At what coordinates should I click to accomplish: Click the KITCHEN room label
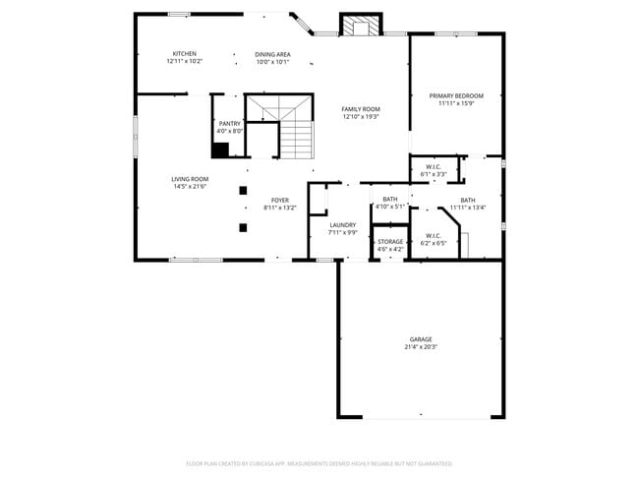click(x=185, y=53)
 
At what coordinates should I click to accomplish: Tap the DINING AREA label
click(x=272, y=54)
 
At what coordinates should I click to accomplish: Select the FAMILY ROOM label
click(x=361, y=108)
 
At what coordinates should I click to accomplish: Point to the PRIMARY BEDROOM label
click(x=456, y=95)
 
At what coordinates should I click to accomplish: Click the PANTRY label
click(x=229, y=123)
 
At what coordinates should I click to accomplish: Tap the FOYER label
click(x=280, y=200)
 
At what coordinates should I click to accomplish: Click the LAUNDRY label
click(x=342, y=224)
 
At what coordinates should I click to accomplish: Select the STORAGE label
click(x=390, y=241)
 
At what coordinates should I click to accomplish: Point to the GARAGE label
click(x=421, y=338)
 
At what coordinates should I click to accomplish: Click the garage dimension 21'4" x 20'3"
click(x=421, y=346)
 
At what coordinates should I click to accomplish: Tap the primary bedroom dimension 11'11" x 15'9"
click(x=456, y=103)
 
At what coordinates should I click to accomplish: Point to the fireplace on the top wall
click(x=357, y=26)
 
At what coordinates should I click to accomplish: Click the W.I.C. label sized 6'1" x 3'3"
click(x=434, y=166)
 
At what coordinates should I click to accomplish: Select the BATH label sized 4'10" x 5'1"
click(x=390, y=199)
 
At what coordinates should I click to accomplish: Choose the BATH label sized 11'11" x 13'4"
click(x=468, y=200)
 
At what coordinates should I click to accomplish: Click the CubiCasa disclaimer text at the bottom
click(x=319, y=462)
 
